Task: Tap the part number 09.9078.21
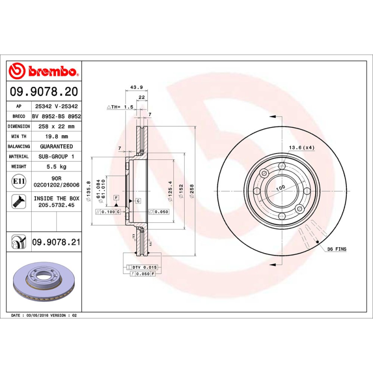pyautogui.click(x=56, y=242)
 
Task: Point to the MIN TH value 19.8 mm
pyautogui.click(x=55, y=137)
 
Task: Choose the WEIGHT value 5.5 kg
pyautogui.click(x=55, y=166)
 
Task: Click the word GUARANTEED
pyautogui.click(x=55, y=146)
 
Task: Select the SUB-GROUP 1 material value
pyautogui.click(x=55, y=157)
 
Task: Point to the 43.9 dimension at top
pyautogui.click(x=136, y=87)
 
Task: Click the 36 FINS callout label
pyautogui.click(x=337, y=250)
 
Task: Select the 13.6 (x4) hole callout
pyautogui.click(x=302, y=148)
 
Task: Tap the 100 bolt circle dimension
pyautogui.click(x=280, y=187)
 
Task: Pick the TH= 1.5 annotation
pyautogui.click(x=120, y=107)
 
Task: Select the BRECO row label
pyautogui.click(x=19, y=117)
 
